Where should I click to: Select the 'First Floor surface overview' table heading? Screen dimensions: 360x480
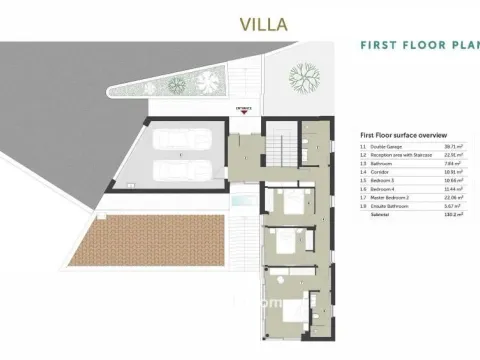click(403, 135)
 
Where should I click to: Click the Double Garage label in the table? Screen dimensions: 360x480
click(387, 146)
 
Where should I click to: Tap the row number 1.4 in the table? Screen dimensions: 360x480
click(363, 170)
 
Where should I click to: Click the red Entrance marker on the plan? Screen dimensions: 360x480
click(242, 110)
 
